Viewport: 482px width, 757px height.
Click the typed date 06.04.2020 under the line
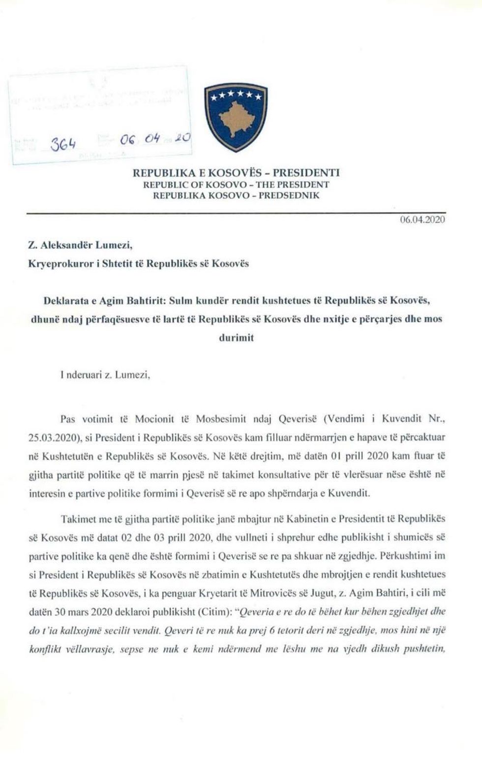point(422,220)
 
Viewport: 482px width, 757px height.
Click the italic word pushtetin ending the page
point(423,649)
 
